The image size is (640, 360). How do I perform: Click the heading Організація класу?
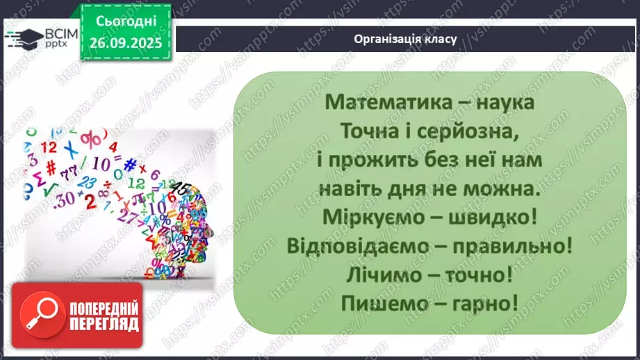(405, 39)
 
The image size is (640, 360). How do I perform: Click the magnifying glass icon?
(40, 316)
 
